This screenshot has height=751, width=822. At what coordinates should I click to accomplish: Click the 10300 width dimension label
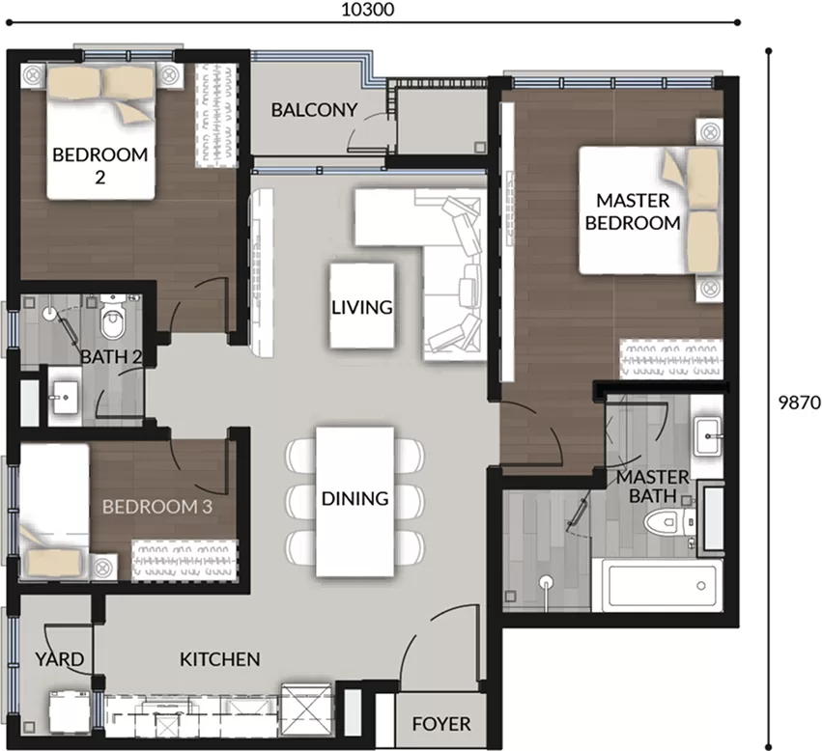(367, 10)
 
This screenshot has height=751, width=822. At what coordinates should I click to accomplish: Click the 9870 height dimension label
(799, 403)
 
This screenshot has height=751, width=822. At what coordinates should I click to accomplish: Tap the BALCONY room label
(314, 109)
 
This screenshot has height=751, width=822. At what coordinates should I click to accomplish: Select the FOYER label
(440, 724)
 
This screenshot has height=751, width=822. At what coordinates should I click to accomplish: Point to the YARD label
(59, 658)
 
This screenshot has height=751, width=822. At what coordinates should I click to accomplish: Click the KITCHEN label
(219, 658)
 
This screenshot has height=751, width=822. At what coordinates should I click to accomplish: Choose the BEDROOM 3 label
(157, 507)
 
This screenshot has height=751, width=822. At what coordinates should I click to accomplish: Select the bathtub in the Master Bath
(658, 585)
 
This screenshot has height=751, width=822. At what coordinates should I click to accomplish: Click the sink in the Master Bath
(707, 436)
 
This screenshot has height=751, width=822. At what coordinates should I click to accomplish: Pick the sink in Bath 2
(65, 397)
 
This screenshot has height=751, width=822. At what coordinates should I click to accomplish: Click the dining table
(354, 502)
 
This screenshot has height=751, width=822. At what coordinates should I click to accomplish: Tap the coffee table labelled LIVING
(361, 306)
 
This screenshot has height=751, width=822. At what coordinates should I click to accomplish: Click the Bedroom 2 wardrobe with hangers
(215, 115)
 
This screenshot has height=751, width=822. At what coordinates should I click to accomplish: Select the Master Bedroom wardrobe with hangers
(671, 359)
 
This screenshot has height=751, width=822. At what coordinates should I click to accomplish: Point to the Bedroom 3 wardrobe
(184, 561)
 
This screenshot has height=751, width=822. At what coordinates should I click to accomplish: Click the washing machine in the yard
(70, 712)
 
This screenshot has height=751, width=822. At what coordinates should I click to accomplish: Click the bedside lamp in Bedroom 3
(102, 567)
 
